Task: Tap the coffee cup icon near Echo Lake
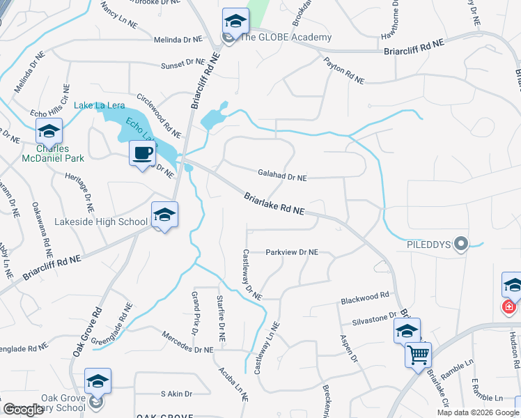coord(143,153)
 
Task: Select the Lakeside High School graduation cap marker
coord(164,215)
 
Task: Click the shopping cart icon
coord(418,355)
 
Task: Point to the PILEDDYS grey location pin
coord(460,244)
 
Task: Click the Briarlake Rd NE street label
coord(274,204)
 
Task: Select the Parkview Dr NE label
coord(292,252)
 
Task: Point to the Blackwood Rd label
coord(364,298)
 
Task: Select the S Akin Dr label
coord(176,394)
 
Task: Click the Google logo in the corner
coord(24,410)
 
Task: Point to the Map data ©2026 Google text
coord(477,412)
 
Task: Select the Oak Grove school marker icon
coord(98,380)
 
